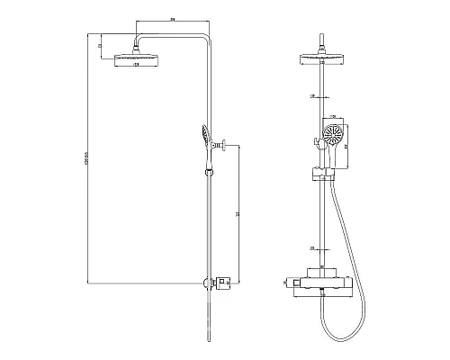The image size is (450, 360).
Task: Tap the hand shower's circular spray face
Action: tap(332, 138)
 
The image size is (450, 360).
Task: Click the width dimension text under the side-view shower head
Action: tap(136, 66)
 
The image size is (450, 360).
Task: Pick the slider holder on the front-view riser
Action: tap(321, 171)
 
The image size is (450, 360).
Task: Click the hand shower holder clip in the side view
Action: tap(211, 166)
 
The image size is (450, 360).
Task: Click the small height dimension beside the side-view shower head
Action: tap(101, 44)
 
